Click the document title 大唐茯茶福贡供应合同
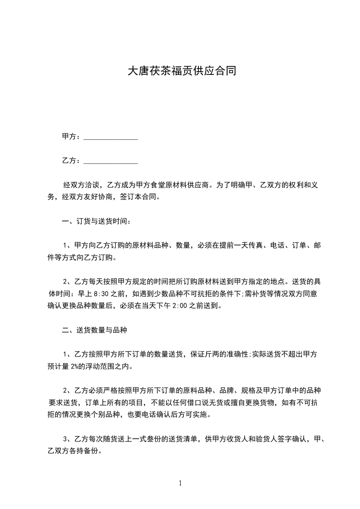pos(181,71)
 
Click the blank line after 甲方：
pos(111,137)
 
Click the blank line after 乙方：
pos(111,161)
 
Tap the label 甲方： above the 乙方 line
pos(72,137)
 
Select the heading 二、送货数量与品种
pos(94,331)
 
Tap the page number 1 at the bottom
pos(180,483)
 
